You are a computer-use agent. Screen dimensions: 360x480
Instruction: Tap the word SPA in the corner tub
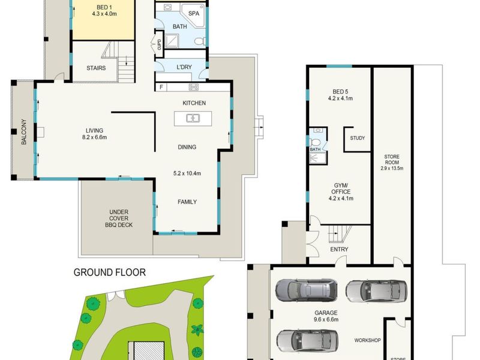(x=194, y=13)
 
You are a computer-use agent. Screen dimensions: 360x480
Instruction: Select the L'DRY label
(x=184, y=67)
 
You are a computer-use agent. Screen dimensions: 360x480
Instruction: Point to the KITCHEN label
(x=194, y=103)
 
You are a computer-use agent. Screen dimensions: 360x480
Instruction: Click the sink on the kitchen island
(x=193, y=118)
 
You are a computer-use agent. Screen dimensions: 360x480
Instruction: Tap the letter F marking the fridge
(x=162, y=88)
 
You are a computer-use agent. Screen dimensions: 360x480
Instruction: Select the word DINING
(x=187, y=147)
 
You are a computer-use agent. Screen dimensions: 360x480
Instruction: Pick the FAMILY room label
(x=187, y=202)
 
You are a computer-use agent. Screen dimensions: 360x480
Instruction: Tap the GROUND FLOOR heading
(x=109, y=272)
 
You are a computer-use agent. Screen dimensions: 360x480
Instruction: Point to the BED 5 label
(x=340, y=91)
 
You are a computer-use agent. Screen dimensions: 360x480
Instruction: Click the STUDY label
(x=358, y=138)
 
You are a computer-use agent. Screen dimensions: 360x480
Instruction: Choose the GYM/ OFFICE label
(x=340, y=190)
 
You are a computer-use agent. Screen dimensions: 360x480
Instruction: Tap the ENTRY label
(x=339, y=250)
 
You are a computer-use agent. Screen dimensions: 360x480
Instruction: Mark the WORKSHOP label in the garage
(x=367, y=341)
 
